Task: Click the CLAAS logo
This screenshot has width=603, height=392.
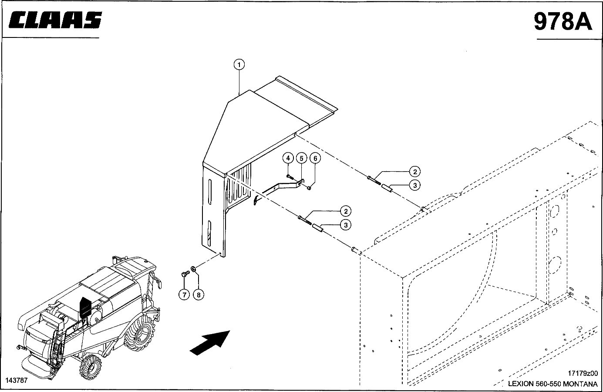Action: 55,20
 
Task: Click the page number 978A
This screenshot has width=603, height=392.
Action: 563,21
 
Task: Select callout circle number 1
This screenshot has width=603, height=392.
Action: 239,64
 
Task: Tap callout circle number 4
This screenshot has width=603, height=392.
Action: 288,158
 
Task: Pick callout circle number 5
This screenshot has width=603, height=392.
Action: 301,158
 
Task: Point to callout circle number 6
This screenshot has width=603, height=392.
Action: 315,158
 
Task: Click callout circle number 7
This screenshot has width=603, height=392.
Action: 185,295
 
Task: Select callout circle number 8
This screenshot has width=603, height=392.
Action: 199,295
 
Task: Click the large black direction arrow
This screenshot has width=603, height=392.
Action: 210,343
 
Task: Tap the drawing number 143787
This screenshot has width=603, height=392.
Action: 17,380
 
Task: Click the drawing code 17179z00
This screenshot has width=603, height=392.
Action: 583,373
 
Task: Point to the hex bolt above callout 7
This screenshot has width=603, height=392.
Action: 185,274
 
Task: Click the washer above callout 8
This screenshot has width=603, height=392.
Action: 193,269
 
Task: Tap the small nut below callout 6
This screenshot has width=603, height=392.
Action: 309,188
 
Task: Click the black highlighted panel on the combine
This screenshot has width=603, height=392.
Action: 85,307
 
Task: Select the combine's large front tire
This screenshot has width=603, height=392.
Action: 140,333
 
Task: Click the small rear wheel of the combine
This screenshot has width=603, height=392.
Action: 91,367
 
